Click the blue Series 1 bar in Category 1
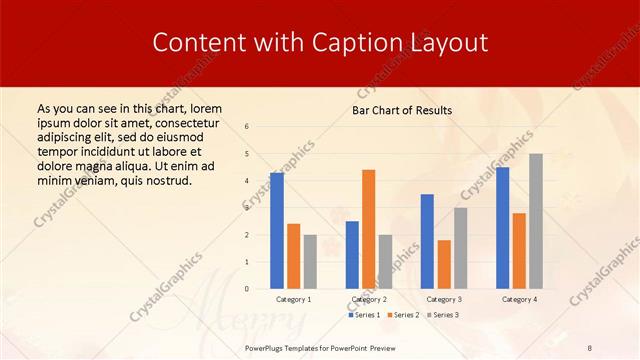(x=277, y=230)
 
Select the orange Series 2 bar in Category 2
(x=369, y=229)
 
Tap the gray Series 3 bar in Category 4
(x=536, y=221)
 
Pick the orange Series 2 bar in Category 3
(x=444, y=264)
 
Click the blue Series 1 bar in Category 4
(x=502, y=227)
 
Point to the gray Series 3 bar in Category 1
(x=310, y=261)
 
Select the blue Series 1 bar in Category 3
(x=427, y=241)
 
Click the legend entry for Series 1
(x=366, y=315)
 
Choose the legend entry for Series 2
(x=405, y=315)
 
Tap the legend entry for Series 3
(x=444, y=315)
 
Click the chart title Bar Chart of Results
(x=401, y=110)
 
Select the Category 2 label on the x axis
(x=369, y=299)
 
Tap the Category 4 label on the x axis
(x=519, y=299)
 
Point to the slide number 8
(x=590, y=347)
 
